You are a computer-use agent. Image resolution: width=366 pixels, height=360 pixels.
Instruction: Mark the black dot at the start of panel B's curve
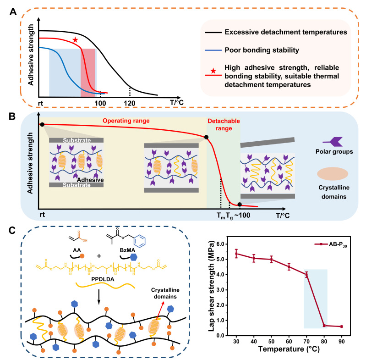[42, 124]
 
